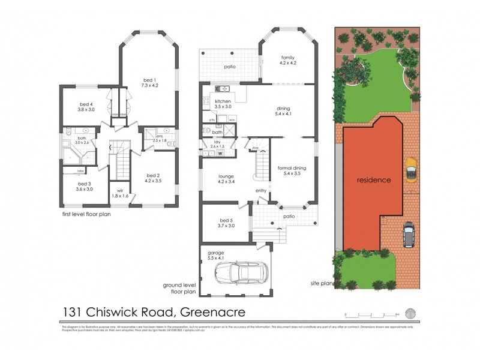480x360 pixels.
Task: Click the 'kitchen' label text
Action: tap(223, 102)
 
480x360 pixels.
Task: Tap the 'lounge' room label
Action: tap(226, 177)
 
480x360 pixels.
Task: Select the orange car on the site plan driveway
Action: tap(410, 169)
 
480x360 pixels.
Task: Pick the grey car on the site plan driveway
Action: tap(409, 235)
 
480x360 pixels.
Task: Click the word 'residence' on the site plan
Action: tap(374, 179)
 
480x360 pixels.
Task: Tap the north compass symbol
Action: tap(410, 314)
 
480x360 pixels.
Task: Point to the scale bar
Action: tap(372, 314)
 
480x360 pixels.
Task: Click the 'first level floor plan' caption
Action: tap(86, 213)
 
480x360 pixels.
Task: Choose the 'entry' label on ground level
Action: tap(261, 191)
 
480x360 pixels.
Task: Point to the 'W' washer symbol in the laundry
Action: tap(220, 153)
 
